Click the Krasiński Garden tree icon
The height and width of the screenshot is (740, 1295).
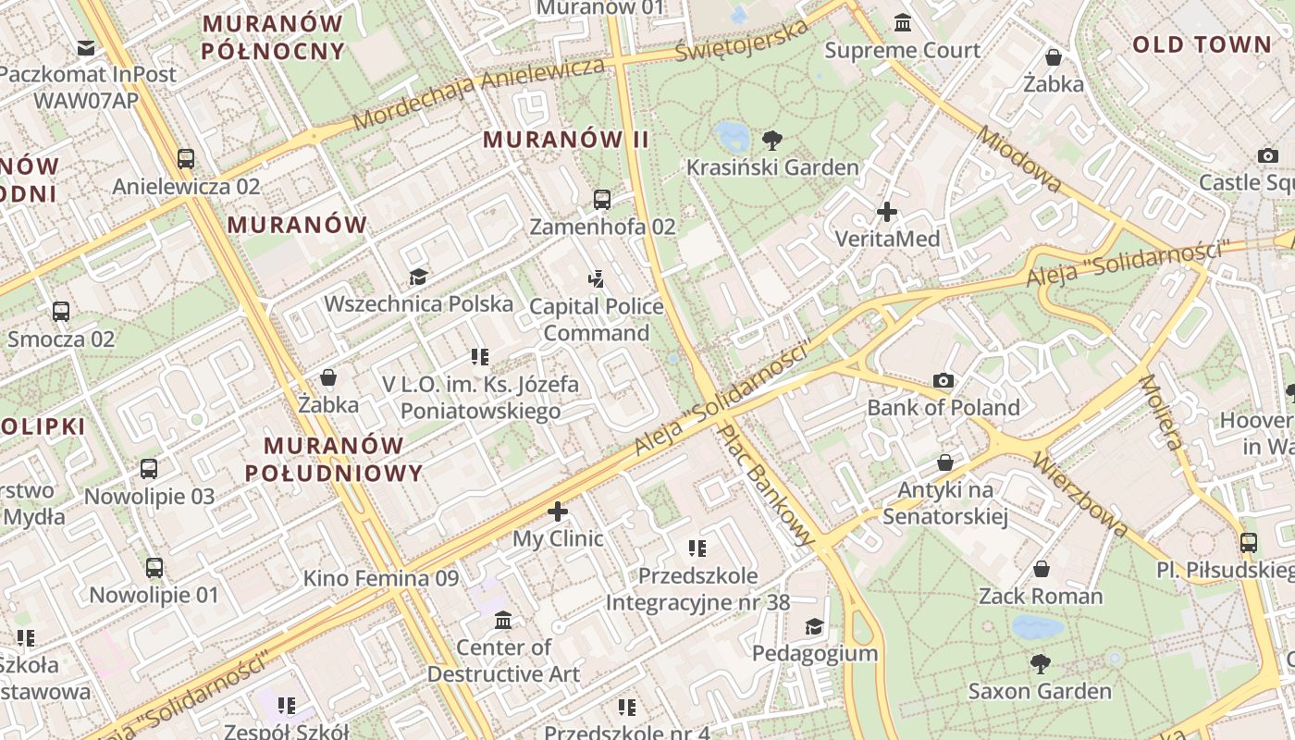point(772,141)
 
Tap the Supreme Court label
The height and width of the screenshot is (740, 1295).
point(902,50)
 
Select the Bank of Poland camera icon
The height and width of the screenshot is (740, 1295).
point(943,380)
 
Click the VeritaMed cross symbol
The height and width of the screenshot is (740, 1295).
point(887,212)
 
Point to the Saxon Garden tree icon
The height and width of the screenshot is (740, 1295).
point(1041,663)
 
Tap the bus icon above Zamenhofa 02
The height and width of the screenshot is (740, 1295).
point(601,199)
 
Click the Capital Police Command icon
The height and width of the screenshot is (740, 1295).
point(597,277)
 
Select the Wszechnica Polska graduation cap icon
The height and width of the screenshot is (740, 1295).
point(418,277)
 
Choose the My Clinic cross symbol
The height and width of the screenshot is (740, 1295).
point(558,511)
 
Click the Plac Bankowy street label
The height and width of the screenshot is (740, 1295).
point(769,484)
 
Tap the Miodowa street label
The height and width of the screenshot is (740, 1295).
point(1019,159)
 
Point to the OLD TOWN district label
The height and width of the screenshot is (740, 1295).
point(1202,44)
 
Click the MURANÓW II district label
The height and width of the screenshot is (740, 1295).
point(566,140)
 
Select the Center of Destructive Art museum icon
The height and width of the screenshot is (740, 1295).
point(503,619)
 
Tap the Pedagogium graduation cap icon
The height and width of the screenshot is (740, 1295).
point(814,626)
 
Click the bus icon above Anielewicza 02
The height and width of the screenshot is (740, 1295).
point(186,158)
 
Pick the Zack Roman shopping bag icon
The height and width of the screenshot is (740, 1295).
point(1041,568)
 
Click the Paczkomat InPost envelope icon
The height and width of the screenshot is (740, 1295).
point(86,47)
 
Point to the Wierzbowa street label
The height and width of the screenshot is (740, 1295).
point(1079,494)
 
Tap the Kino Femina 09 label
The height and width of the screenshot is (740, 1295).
point(381,579)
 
